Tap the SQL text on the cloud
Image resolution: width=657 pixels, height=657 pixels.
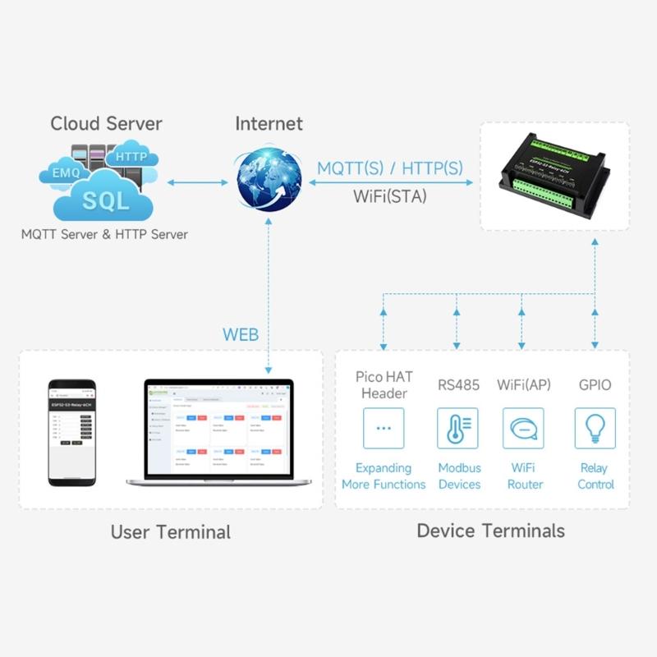(105, 200)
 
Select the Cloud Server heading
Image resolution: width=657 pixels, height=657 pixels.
(106, 124)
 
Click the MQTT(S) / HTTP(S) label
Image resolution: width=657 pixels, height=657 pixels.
(390, 168)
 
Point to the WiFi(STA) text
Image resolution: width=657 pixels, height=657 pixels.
(390, 196)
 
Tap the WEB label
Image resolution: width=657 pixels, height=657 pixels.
(241, 334)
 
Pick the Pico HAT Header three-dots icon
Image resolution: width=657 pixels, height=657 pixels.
(384, 428)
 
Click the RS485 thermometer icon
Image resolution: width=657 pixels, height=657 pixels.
(457, 428)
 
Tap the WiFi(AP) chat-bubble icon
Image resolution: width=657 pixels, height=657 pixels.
(523, 428)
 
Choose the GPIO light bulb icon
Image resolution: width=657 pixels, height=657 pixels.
(595, 428)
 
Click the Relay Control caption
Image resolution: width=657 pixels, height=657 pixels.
(595, 476)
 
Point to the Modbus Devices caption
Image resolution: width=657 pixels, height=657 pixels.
(459, 476)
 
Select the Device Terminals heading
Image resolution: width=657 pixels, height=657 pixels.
(490, 531)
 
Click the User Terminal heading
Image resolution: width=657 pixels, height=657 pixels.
(171, 531)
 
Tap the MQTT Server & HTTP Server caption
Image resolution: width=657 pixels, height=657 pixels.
(104, 235)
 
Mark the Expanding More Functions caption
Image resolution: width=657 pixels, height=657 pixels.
(384, 476)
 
